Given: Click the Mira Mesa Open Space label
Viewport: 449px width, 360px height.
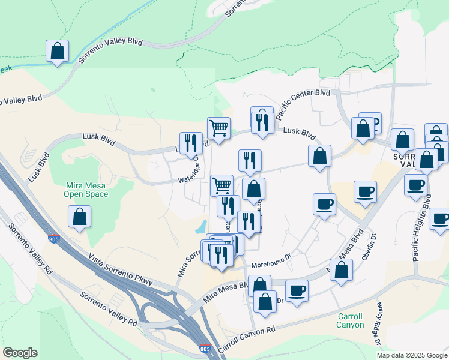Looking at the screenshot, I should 87,190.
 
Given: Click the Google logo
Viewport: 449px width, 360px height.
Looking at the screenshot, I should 20,353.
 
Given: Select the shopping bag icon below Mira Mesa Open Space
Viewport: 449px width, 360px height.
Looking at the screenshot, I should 79,217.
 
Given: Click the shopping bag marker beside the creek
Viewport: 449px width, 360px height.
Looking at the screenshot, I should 57,51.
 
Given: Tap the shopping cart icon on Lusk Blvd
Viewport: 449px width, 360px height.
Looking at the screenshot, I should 218,128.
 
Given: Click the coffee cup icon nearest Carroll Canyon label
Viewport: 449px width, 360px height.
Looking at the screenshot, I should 297,292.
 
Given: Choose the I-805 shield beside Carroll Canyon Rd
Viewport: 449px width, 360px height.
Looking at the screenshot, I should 205,349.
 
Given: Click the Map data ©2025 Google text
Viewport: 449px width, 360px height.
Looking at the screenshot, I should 412,355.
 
